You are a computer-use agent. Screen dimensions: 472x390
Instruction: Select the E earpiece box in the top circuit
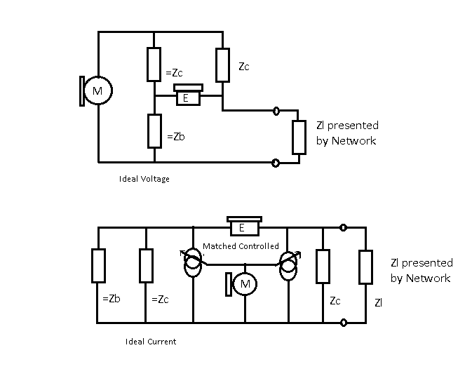click(188, 95)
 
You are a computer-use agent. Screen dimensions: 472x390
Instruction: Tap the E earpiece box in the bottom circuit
click(245, 226)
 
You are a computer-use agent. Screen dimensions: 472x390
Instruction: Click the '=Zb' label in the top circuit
click(176, 137)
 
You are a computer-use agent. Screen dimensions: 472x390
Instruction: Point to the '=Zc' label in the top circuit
click(174, 72)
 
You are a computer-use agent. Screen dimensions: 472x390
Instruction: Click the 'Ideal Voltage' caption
click(144, 179)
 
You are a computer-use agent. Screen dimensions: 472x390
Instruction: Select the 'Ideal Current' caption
click(151, 342)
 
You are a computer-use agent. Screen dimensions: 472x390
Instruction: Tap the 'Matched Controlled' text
click(241, 246)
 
